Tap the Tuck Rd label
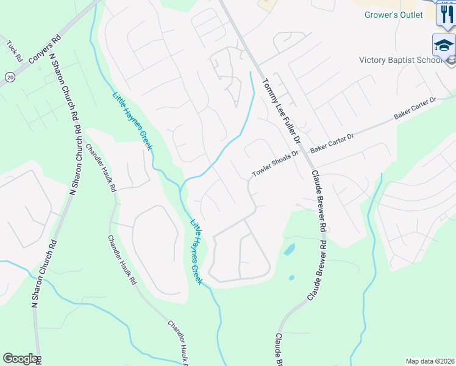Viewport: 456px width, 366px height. click(15, 51)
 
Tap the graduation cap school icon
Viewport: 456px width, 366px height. click(443, 45)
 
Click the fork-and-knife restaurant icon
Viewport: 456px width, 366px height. click(447, 14)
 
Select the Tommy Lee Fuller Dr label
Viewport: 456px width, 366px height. click(281, 110)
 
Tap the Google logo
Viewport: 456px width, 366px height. click(20, 359)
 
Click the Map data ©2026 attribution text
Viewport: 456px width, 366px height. click(429, 361)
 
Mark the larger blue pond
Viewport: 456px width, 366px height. click(289, 249)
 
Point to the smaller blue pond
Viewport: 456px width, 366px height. click(291, 278)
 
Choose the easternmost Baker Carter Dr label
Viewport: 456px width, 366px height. click(416, 108)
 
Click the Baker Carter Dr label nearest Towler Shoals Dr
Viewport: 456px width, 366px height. click(332, 143)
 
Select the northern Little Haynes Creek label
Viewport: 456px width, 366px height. click(132, 121)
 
